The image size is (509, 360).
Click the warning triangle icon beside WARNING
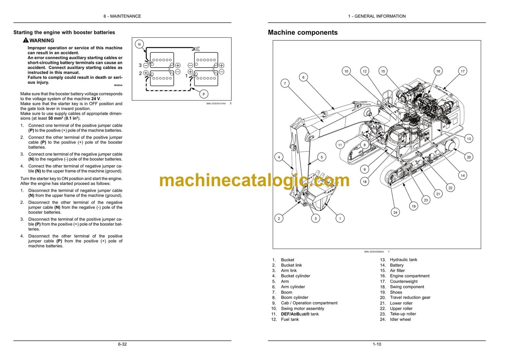click(26, 40)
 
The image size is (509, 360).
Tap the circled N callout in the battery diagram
click(139, 44)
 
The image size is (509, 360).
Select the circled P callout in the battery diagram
click(204, 94)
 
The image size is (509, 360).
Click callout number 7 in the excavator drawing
click(285, 83)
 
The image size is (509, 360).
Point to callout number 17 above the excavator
click(463, 71)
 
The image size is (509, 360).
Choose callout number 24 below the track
click(395, 212)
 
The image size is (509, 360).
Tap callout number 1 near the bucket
click(340, 218)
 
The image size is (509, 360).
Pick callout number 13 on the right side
click(469, 139)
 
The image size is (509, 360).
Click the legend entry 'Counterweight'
click(403, 281)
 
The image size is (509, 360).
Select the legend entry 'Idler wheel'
click(400, 319)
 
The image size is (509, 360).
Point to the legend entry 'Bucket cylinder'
click(295, 276)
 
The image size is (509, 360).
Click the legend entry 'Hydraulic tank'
click(403, 259)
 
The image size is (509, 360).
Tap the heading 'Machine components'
click(303, 33)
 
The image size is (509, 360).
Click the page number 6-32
click(122, 344)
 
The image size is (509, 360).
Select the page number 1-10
click(377, 344)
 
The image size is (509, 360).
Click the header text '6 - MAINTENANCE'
click(122, 16)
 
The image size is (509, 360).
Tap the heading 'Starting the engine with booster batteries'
click(64, 33)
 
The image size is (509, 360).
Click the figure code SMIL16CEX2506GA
click(374, 252)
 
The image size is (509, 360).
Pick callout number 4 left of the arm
click(279, 157)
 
